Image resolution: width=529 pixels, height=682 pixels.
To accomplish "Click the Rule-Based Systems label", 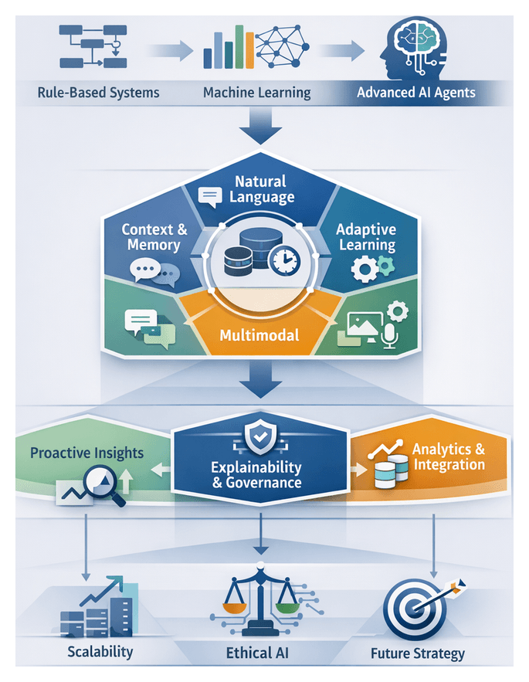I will pos(98,93).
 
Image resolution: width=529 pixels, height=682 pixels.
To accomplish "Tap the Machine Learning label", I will pos(257,93).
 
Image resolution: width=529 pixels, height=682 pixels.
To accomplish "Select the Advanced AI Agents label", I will pos(416,93).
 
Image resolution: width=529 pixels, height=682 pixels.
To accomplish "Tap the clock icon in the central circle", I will pos(287,260).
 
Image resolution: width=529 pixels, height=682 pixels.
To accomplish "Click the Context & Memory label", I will pos(154,237).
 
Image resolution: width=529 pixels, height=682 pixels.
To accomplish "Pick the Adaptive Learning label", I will pos(366,237).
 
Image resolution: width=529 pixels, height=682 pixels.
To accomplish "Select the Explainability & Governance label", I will pos(256,475).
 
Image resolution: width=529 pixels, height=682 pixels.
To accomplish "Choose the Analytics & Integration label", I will pos(449,456).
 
